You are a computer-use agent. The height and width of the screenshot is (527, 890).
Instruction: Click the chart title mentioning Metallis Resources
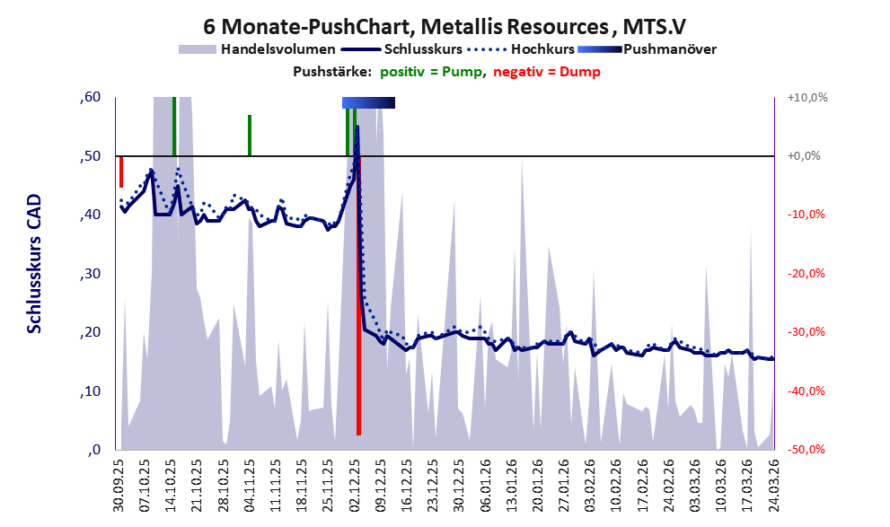point(445,25)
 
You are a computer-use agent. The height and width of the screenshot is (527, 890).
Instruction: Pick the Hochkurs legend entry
point(541,49)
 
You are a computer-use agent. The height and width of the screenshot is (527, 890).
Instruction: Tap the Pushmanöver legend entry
point(669,49)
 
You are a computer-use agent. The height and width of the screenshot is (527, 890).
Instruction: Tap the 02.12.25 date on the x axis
point(356,486)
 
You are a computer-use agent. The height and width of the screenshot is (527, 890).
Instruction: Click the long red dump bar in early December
point(358,359)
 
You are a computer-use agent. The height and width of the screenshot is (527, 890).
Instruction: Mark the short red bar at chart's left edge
point(120,171)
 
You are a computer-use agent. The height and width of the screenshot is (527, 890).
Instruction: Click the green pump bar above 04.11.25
point(250,135)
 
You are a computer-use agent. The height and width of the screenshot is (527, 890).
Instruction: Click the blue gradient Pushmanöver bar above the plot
point(368,103)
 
